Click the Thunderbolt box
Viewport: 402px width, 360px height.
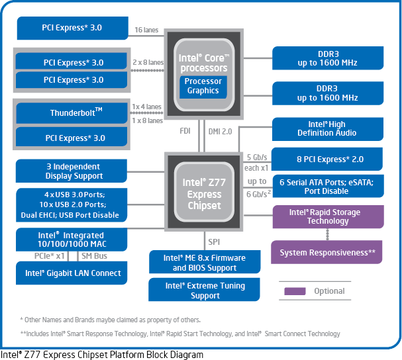click(72, 113)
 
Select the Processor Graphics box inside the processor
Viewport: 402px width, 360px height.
click(203, 87)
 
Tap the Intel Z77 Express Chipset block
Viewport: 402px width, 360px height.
click(204, 192)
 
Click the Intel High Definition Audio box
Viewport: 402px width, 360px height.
click(328, 129)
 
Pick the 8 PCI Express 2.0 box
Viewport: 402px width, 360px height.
click(327, 159)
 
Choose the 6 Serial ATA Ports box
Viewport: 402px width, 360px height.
click(328, 186)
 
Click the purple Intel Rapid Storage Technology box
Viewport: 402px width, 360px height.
click(328, 216)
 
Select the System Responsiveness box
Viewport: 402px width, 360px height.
click(327, 252)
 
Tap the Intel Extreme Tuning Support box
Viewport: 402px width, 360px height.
click(204, 290)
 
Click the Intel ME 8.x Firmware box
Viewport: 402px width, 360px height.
click(205, 262)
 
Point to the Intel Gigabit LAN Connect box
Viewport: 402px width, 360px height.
click(72, 273)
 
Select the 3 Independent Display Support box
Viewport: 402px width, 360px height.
click(72, 171)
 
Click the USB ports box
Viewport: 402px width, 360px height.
click(72, 205)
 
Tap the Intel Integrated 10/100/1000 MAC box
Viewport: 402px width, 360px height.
click(72, 240)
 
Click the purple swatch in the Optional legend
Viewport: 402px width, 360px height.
click(295, 291)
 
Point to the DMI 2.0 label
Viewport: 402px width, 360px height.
click(220, 132)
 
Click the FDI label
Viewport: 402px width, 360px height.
click(185, 131)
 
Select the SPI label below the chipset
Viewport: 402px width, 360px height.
click(214, 242)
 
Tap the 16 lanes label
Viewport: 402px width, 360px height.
click(146, 30)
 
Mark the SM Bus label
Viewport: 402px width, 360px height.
click(94, 255)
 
